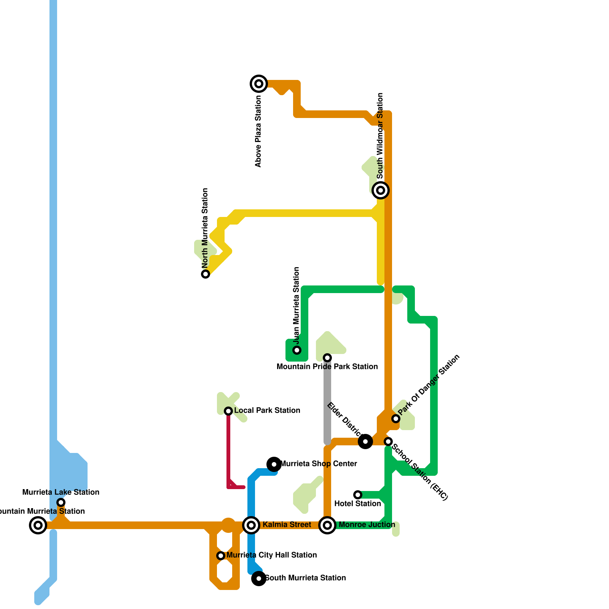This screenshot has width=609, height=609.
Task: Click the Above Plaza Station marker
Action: (259, 84)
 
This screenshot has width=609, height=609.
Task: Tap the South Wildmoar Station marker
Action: (381, 190)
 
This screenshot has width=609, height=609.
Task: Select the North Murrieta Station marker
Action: (206, 274)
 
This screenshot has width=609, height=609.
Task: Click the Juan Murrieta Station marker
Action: (297, 350)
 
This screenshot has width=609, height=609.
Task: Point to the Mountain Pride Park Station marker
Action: (327, 358)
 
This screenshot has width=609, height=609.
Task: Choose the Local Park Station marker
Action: (228, 411)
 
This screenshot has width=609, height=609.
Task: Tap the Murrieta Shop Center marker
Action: (274, 464)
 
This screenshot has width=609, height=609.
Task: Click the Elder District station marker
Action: (365, 442)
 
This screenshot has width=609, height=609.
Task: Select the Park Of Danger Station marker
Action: (396, 419)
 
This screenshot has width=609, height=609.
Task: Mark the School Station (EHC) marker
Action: (388, 442)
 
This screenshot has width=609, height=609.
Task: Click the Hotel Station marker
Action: (358, 495)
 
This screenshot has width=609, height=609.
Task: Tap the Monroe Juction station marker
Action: (327, 525)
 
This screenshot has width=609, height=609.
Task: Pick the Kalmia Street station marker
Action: (251, 525)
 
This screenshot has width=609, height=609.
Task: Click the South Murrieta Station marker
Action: (259, 579)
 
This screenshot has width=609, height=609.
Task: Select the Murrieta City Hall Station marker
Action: (221, 556)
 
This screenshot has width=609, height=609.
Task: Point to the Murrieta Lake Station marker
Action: (61, 502)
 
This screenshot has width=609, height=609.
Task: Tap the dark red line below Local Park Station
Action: (229, 449)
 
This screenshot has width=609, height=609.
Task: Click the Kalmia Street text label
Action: (287, 525)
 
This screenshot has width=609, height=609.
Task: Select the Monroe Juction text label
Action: (367, 525)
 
